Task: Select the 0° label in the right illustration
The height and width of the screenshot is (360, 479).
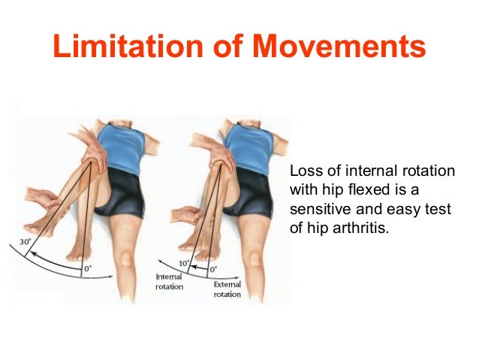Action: (213, 268)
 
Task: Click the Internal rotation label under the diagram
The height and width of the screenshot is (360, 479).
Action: (170, 281)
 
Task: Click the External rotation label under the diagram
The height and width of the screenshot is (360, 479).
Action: (227, 289)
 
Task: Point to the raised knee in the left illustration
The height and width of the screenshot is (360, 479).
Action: (93, 150)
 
